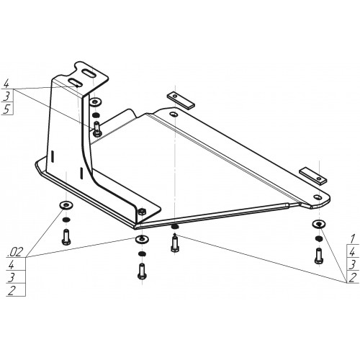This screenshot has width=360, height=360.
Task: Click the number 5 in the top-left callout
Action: (6, 109)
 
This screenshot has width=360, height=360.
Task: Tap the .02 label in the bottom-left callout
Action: (16, 252)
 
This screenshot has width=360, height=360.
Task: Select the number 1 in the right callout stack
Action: (353, 239)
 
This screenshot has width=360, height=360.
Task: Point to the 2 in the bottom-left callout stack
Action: (12, 290)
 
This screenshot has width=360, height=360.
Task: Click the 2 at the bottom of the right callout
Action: (353, 278)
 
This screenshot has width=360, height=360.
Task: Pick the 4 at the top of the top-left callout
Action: (6, 84)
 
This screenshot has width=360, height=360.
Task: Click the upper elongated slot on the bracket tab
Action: (89, 73)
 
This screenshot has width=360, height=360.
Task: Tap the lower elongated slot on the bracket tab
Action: (75, 82)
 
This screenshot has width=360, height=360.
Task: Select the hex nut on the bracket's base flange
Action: (142, 212)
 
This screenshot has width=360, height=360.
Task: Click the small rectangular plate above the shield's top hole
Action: (181, 100)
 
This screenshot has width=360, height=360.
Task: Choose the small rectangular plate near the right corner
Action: (312, 176)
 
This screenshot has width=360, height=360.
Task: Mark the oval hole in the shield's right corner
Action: (318, 197)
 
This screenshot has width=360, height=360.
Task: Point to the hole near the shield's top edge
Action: (174, 114)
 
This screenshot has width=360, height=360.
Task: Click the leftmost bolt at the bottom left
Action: (66, 237)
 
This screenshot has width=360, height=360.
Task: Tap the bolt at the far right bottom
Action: (319, 256)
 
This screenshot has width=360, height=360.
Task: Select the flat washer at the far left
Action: (66, 205)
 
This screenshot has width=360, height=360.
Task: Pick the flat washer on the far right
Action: (319, 224)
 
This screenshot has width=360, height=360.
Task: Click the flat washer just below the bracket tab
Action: (95, 102)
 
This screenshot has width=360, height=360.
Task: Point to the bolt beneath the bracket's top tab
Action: (97, 129)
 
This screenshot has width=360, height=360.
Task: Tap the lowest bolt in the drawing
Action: (142, 271)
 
